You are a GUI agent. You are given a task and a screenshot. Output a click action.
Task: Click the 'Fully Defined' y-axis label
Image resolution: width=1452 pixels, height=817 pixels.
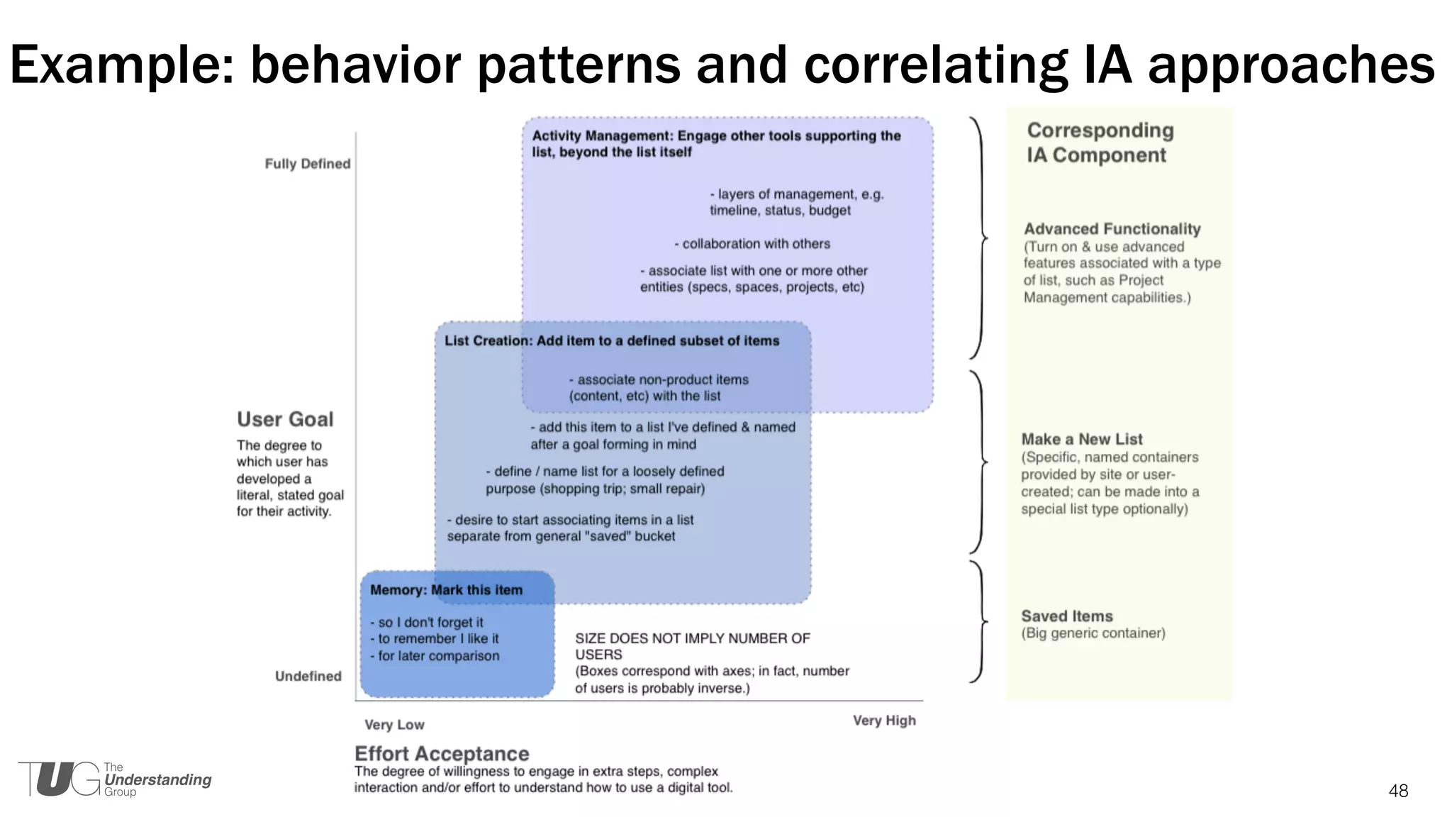(308, 164)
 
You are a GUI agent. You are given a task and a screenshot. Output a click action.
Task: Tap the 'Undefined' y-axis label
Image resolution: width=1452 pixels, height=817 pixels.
(308, 676)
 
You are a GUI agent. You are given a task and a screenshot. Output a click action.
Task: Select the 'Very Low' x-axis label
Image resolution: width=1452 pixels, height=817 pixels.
(394, 724)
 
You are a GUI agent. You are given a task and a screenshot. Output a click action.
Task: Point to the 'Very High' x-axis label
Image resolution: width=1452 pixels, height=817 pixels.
(884, 721)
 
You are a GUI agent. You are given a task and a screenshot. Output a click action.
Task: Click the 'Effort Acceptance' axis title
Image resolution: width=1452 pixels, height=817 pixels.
(442, 753)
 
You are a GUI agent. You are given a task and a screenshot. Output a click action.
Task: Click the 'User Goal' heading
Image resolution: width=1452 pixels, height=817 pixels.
(285, 419)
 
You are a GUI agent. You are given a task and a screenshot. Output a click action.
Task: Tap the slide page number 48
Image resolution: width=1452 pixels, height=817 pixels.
(1398, 791)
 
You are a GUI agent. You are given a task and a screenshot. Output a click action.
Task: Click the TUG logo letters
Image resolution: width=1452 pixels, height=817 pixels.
(60, 779)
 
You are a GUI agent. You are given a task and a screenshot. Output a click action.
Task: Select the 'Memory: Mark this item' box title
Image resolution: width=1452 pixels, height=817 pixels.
(446, 590)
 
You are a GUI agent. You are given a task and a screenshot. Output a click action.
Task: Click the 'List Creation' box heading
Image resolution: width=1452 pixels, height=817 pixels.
(611, 340)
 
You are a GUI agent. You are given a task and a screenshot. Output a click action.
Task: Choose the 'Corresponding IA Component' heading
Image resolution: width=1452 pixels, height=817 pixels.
(1100, 143)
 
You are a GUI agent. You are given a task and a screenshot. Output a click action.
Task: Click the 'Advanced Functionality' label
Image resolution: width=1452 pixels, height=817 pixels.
(1112, 229)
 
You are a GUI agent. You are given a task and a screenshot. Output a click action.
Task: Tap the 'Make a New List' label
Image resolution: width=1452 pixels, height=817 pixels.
(1081, 439)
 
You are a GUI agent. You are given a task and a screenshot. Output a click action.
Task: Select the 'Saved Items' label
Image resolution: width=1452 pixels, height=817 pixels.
(1066, 616)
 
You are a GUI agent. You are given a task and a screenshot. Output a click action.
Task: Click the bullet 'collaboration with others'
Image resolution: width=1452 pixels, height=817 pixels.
(752, 244)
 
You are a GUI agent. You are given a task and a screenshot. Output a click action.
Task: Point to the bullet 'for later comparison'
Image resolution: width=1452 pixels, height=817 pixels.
(435, 656)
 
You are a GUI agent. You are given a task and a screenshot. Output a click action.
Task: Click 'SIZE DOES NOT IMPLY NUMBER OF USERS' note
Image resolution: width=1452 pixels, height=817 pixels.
(692, 645)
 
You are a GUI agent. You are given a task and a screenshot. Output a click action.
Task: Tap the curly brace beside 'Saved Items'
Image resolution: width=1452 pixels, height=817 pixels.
(979, 622)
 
